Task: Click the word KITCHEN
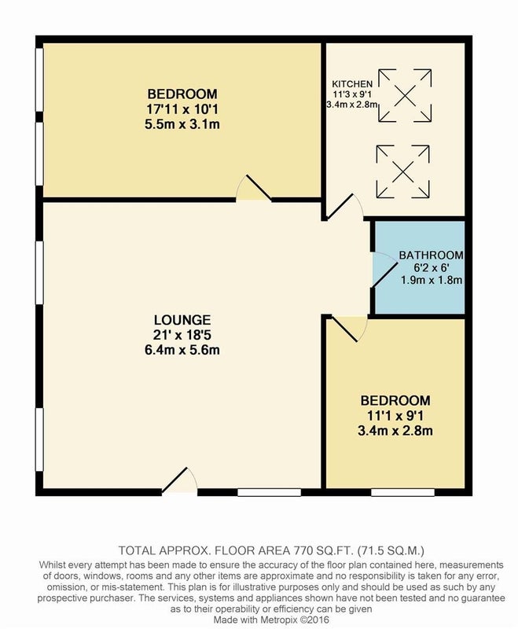352,84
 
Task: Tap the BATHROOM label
431,255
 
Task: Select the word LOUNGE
182,320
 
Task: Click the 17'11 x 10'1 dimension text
182,109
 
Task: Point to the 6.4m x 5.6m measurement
182,350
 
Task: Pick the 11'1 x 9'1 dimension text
395,416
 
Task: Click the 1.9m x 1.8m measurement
432,280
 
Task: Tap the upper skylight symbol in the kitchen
405,95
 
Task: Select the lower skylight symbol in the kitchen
403,171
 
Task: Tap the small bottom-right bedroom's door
345,329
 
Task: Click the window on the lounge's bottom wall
269,492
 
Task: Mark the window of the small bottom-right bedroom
402,492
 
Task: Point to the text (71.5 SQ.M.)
391,550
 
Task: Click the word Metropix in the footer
281,620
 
